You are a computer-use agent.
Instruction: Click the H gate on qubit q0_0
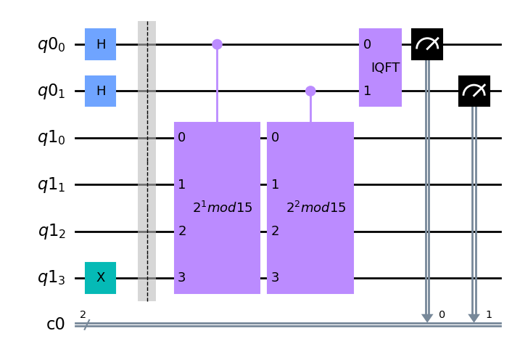tap(100, 44)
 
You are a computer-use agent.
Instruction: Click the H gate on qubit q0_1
tap(100, 91)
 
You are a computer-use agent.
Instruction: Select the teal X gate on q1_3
tap(100, 278)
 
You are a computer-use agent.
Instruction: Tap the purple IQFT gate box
tap(380, 67)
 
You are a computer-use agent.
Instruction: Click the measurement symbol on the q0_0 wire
tap(427, 44)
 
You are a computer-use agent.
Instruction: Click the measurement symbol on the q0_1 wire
tap(474, 91)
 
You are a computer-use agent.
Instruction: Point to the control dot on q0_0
tap(217, 44)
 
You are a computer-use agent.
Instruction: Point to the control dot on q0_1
tap(310, 91)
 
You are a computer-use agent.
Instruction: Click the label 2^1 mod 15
tap(223, 208)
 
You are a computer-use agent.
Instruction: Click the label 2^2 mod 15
tap(316, 208)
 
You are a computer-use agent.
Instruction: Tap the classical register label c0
tap(55, 324)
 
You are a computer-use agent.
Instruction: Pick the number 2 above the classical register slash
tap(83, 314)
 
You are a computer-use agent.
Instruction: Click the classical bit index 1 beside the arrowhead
tap(489, 314)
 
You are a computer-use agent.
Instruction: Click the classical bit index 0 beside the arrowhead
tap(442, 314)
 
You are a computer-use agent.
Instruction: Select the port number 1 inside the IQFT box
tap(367, 91)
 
